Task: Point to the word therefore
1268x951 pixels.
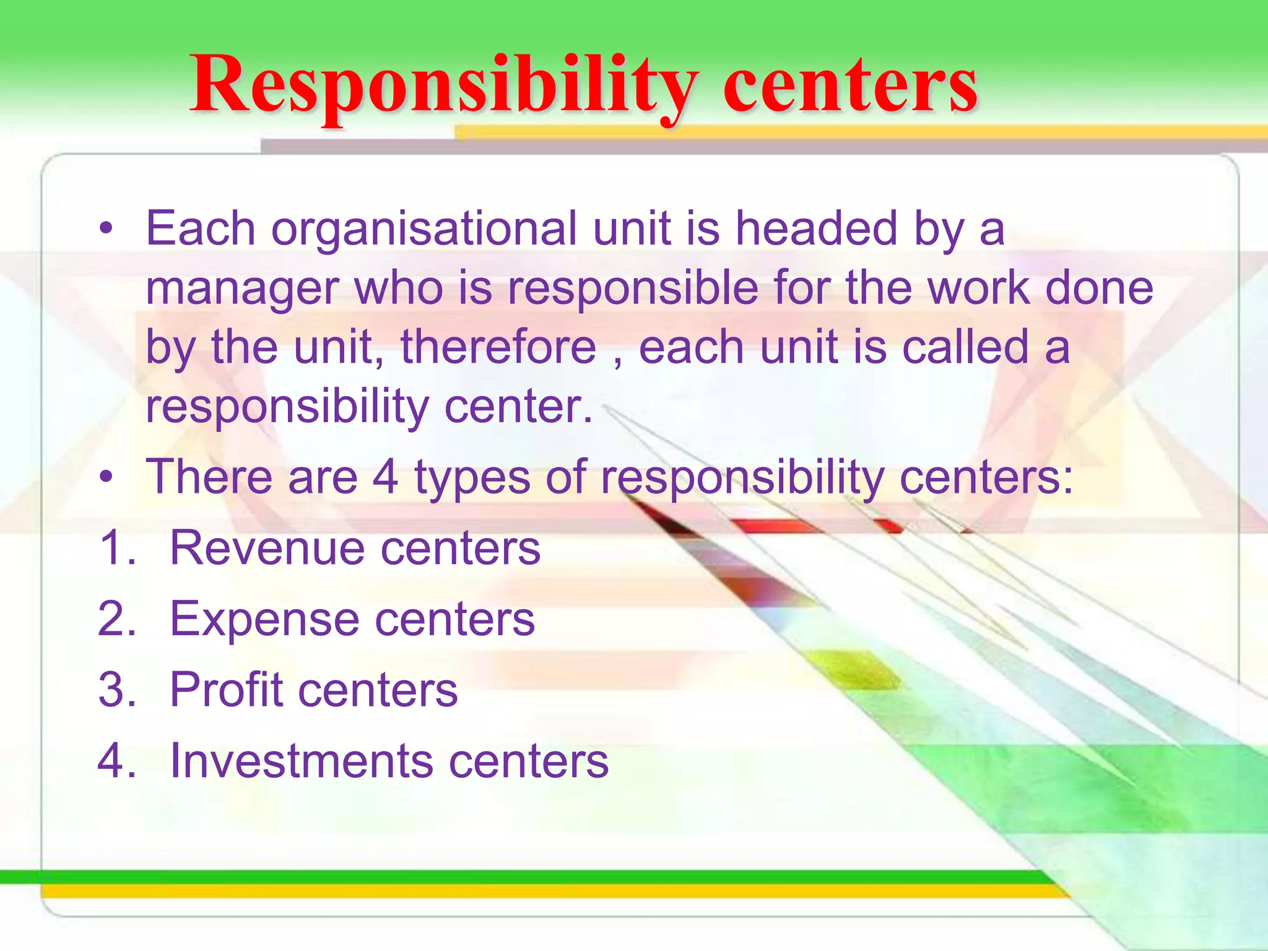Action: tap(498, 347)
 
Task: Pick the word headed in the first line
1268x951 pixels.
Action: tap(816, 228)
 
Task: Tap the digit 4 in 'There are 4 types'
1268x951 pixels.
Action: tap(385, 477)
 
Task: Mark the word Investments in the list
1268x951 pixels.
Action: tap(301, 761)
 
